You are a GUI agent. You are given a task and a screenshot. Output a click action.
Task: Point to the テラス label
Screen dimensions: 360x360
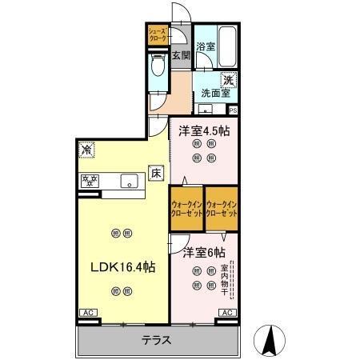coord(157,339)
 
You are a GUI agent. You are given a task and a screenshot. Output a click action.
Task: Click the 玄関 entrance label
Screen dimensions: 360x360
coord(181,55)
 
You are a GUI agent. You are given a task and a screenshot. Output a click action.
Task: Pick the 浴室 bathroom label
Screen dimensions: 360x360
coord(206,46)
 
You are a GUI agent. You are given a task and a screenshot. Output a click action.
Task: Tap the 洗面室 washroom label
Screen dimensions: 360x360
coord(215,92)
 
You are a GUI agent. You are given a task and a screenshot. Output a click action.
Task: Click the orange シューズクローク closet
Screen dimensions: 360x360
coord(156,34)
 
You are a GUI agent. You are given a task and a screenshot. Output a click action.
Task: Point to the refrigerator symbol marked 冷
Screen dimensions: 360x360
coord(85,150)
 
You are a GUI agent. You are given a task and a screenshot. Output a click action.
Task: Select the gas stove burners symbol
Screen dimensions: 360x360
coord(88,180)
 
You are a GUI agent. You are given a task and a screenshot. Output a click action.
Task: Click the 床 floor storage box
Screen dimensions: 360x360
coord(156,174)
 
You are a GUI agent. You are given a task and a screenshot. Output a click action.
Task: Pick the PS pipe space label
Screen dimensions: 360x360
coord(233,110)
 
